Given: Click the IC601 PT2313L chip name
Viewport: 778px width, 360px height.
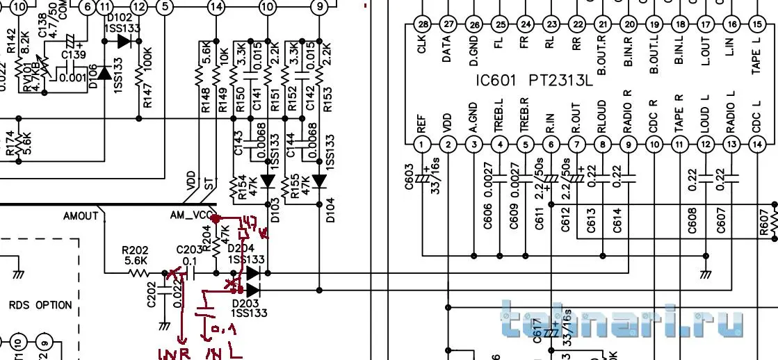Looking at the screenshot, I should (534, 81).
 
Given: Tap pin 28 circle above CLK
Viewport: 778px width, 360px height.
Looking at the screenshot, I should (422, 24).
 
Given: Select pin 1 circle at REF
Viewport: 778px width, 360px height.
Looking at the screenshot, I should (422, 145).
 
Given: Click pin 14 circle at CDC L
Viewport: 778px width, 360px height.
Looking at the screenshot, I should (757, 145).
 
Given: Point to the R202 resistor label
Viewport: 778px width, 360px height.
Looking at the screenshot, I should (135, 249).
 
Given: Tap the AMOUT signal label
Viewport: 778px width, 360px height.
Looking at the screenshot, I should (81, 216).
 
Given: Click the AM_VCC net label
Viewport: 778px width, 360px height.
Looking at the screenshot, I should (192, 216).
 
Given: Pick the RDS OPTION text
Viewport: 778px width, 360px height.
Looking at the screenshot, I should (40, 305).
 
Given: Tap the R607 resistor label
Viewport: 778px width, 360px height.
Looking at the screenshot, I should (764, 223).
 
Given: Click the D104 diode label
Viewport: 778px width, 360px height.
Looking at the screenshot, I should (330, 208).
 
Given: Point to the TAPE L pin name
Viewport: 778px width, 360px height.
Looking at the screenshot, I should (757, 56).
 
